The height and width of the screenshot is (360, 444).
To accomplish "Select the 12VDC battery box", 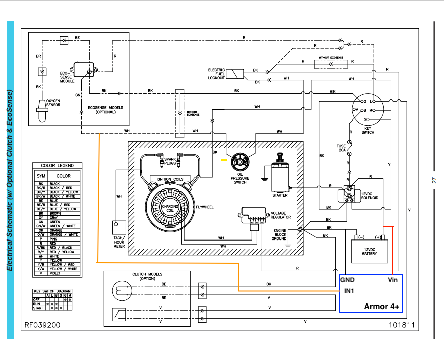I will [369, 250].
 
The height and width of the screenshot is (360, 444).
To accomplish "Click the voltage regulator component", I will [253, 215].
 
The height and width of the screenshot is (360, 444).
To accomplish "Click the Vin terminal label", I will [392, 279].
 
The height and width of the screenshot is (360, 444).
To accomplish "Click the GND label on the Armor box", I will [348, 279].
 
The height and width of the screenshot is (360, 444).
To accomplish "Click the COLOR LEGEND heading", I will [57, 165].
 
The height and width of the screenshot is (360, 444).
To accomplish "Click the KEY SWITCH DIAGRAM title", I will [52, 291].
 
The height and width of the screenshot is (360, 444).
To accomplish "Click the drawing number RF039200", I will [43, 325].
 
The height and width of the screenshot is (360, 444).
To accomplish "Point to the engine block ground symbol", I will [300, 230].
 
